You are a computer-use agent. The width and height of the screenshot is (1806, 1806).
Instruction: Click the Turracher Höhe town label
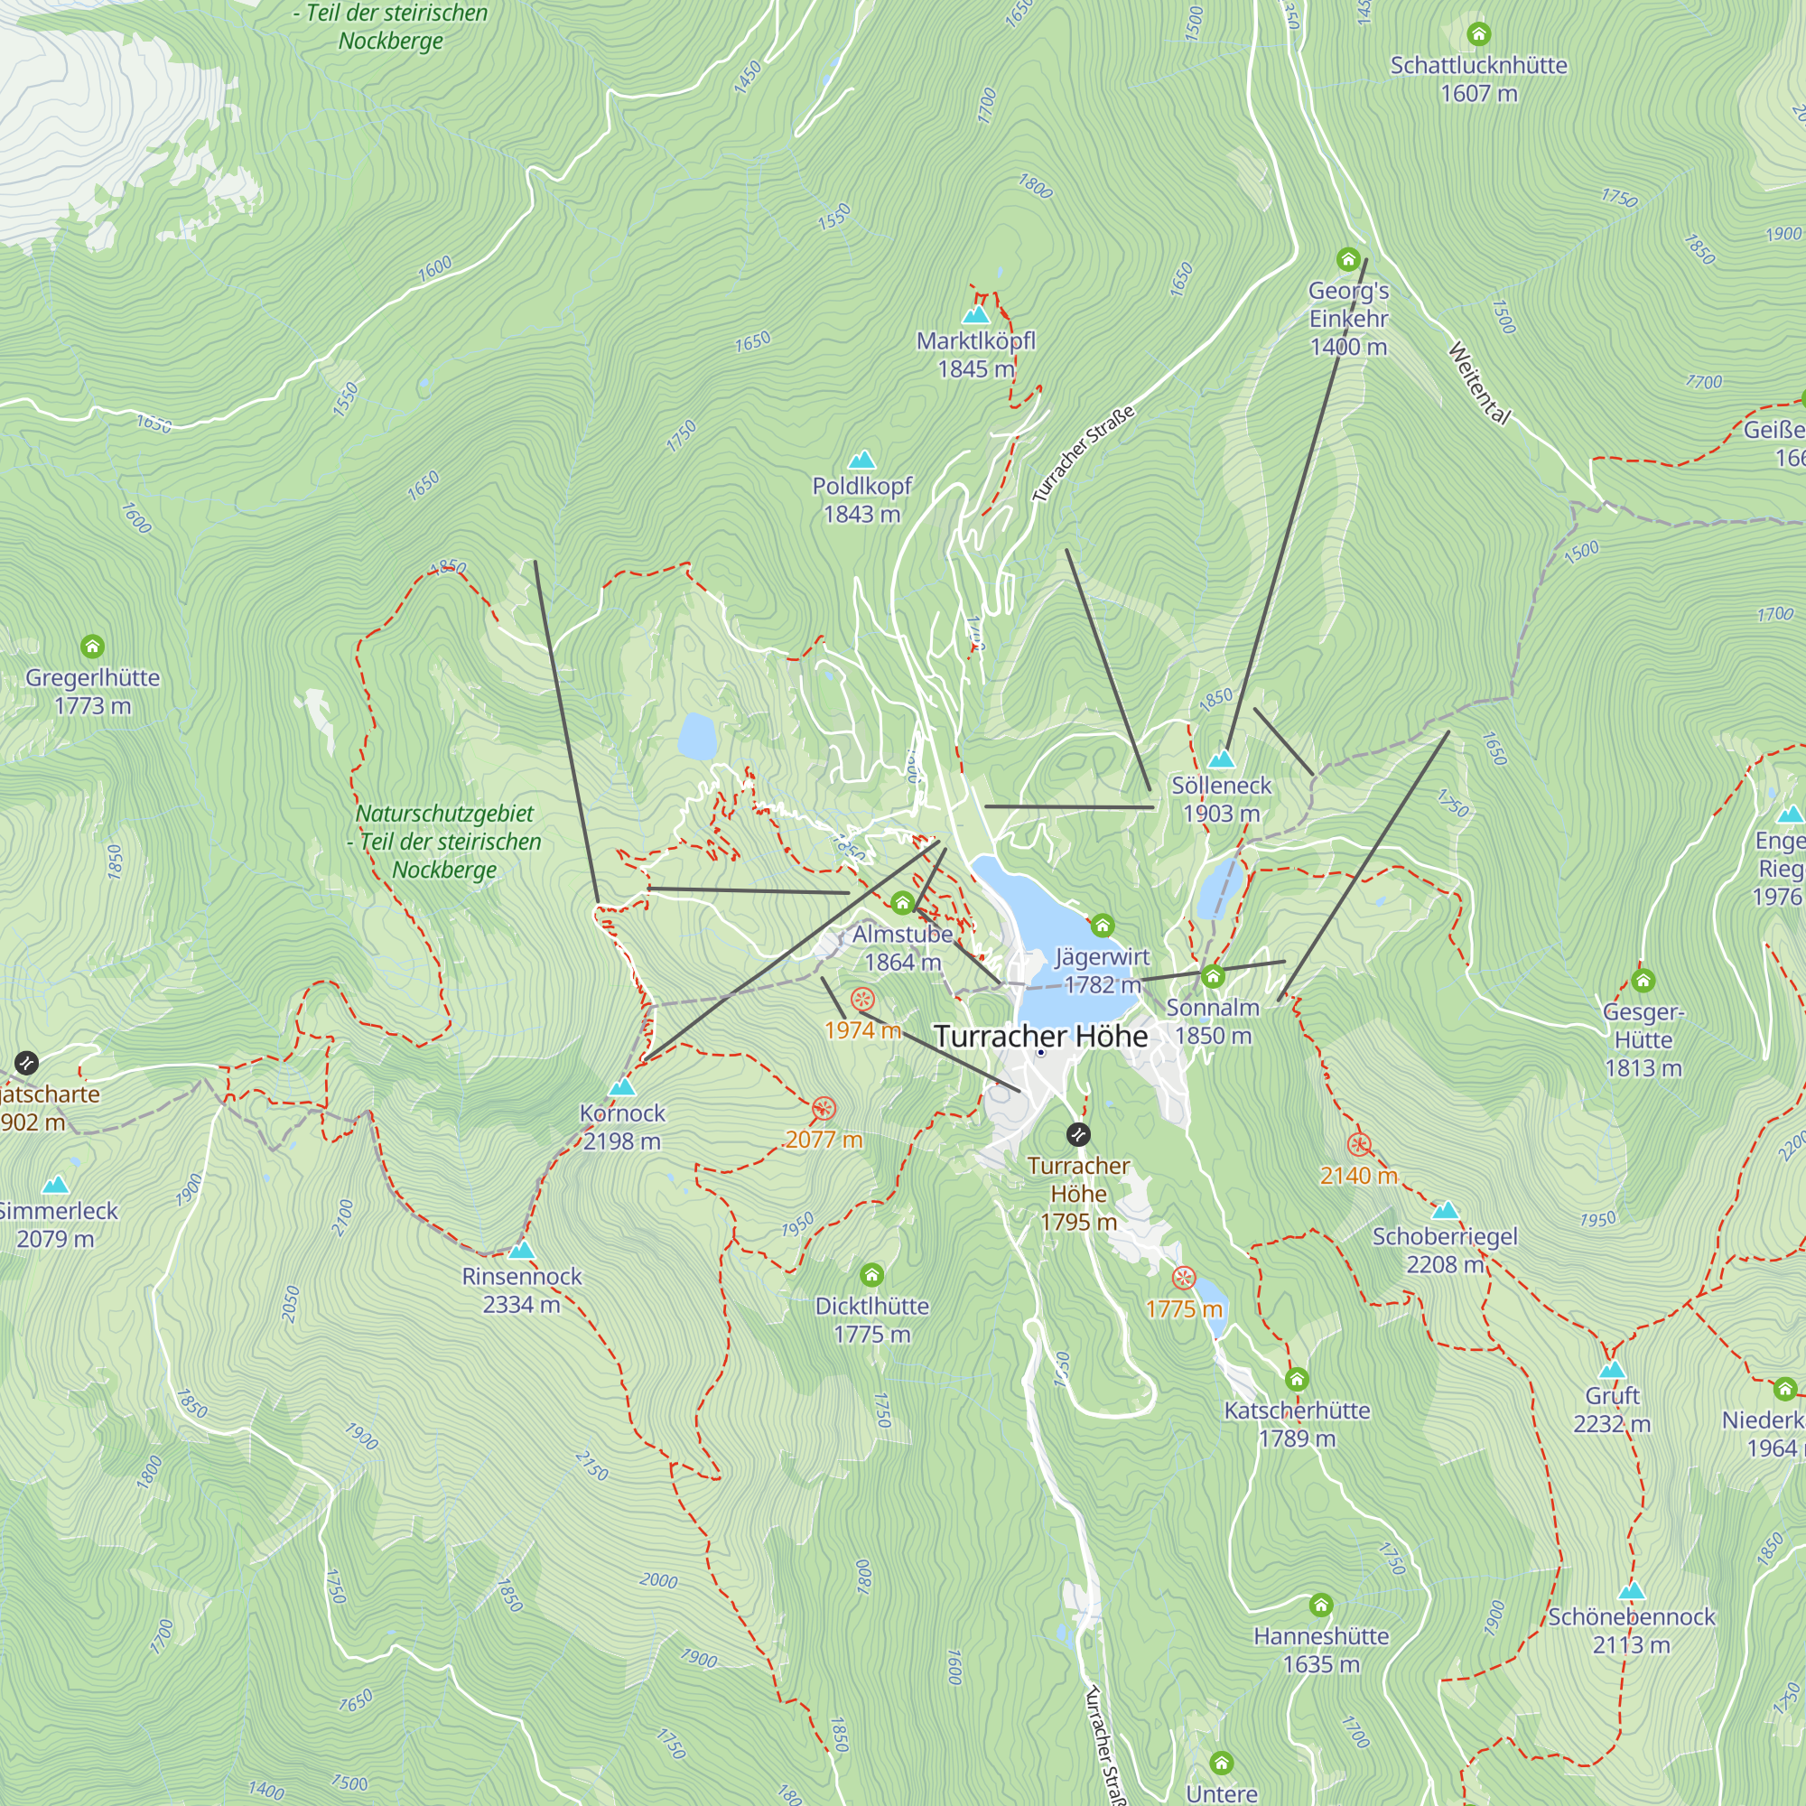click(x=1040, y=1036)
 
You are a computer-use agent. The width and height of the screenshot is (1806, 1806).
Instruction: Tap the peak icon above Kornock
click(x=621, y=1087)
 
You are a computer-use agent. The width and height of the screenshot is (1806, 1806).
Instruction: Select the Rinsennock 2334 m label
click(x=522, y=1290)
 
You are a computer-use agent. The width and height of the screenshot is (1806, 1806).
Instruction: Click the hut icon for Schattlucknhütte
click(x=1478, y=34)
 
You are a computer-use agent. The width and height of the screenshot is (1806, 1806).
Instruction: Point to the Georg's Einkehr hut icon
click(x=1347, y=259)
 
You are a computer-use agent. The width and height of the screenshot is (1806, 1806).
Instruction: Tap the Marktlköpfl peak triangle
click(x=975, y=315)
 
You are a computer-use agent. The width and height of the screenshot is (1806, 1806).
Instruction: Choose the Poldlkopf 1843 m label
click(x=861, y=500)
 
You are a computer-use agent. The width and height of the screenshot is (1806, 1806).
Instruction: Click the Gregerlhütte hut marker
click(x=91, y=647)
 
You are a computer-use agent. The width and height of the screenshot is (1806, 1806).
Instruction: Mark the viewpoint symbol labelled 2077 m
click(x=823, y=1110)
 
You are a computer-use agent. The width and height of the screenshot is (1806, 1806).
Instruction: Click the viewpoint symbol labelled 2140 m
click(x=1359, y=1145)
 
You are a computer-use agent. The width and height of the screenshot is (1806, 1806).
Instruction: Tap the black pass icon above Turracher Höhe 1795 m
click(x=1078, y=1135)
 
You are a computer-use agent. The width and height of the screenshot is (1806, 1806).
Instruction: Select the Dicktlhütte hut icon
click(x=871, y=1275)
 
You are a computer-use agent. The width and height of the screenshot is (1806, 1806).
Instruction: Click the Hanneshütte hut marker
click(x=1320, y=1605)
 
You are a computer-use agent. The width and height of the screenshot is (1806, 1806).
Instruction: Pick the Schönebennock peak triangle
click(x=1631, y=1591)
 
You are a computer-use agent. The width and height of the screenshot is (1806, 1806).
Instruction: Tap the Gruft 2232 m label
click(x=1612, y=1410)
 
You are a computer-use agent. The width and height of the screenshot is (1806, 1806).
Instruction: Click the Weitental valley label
click(x=1479, y=383)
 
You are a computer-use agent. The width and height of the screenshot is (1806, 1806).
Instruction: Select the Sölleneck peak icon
click(x=1221, y=759)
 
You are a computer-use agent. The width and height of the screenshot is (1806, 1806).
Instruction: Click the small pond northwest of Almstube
click(x=697, y=737)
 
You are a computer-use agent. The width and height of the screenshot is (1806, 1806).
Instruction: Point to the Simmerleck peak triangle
click(x=56, y=1186)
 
